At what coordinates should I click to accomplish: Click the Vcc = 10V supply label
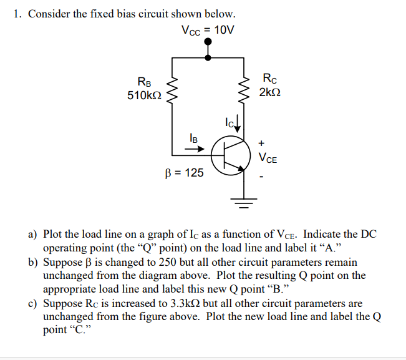click(207, 30)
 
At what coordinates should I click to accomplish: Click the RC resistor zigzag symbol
click(242, 90)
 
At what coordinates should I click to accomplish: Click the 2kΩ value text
click(269, 92)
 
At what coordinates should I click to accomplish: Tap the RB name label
click(143, 81)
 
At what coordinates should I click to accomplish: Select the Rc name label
click(268, 79)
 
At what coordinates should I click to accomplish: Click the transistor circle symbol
click(227, 156)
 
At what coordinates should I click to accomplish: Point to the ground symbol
click(242, 201)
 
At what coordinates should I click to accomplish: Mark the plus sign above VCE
click(261, 142)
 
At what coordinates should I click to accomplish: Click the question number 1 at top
click(17, 14)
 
